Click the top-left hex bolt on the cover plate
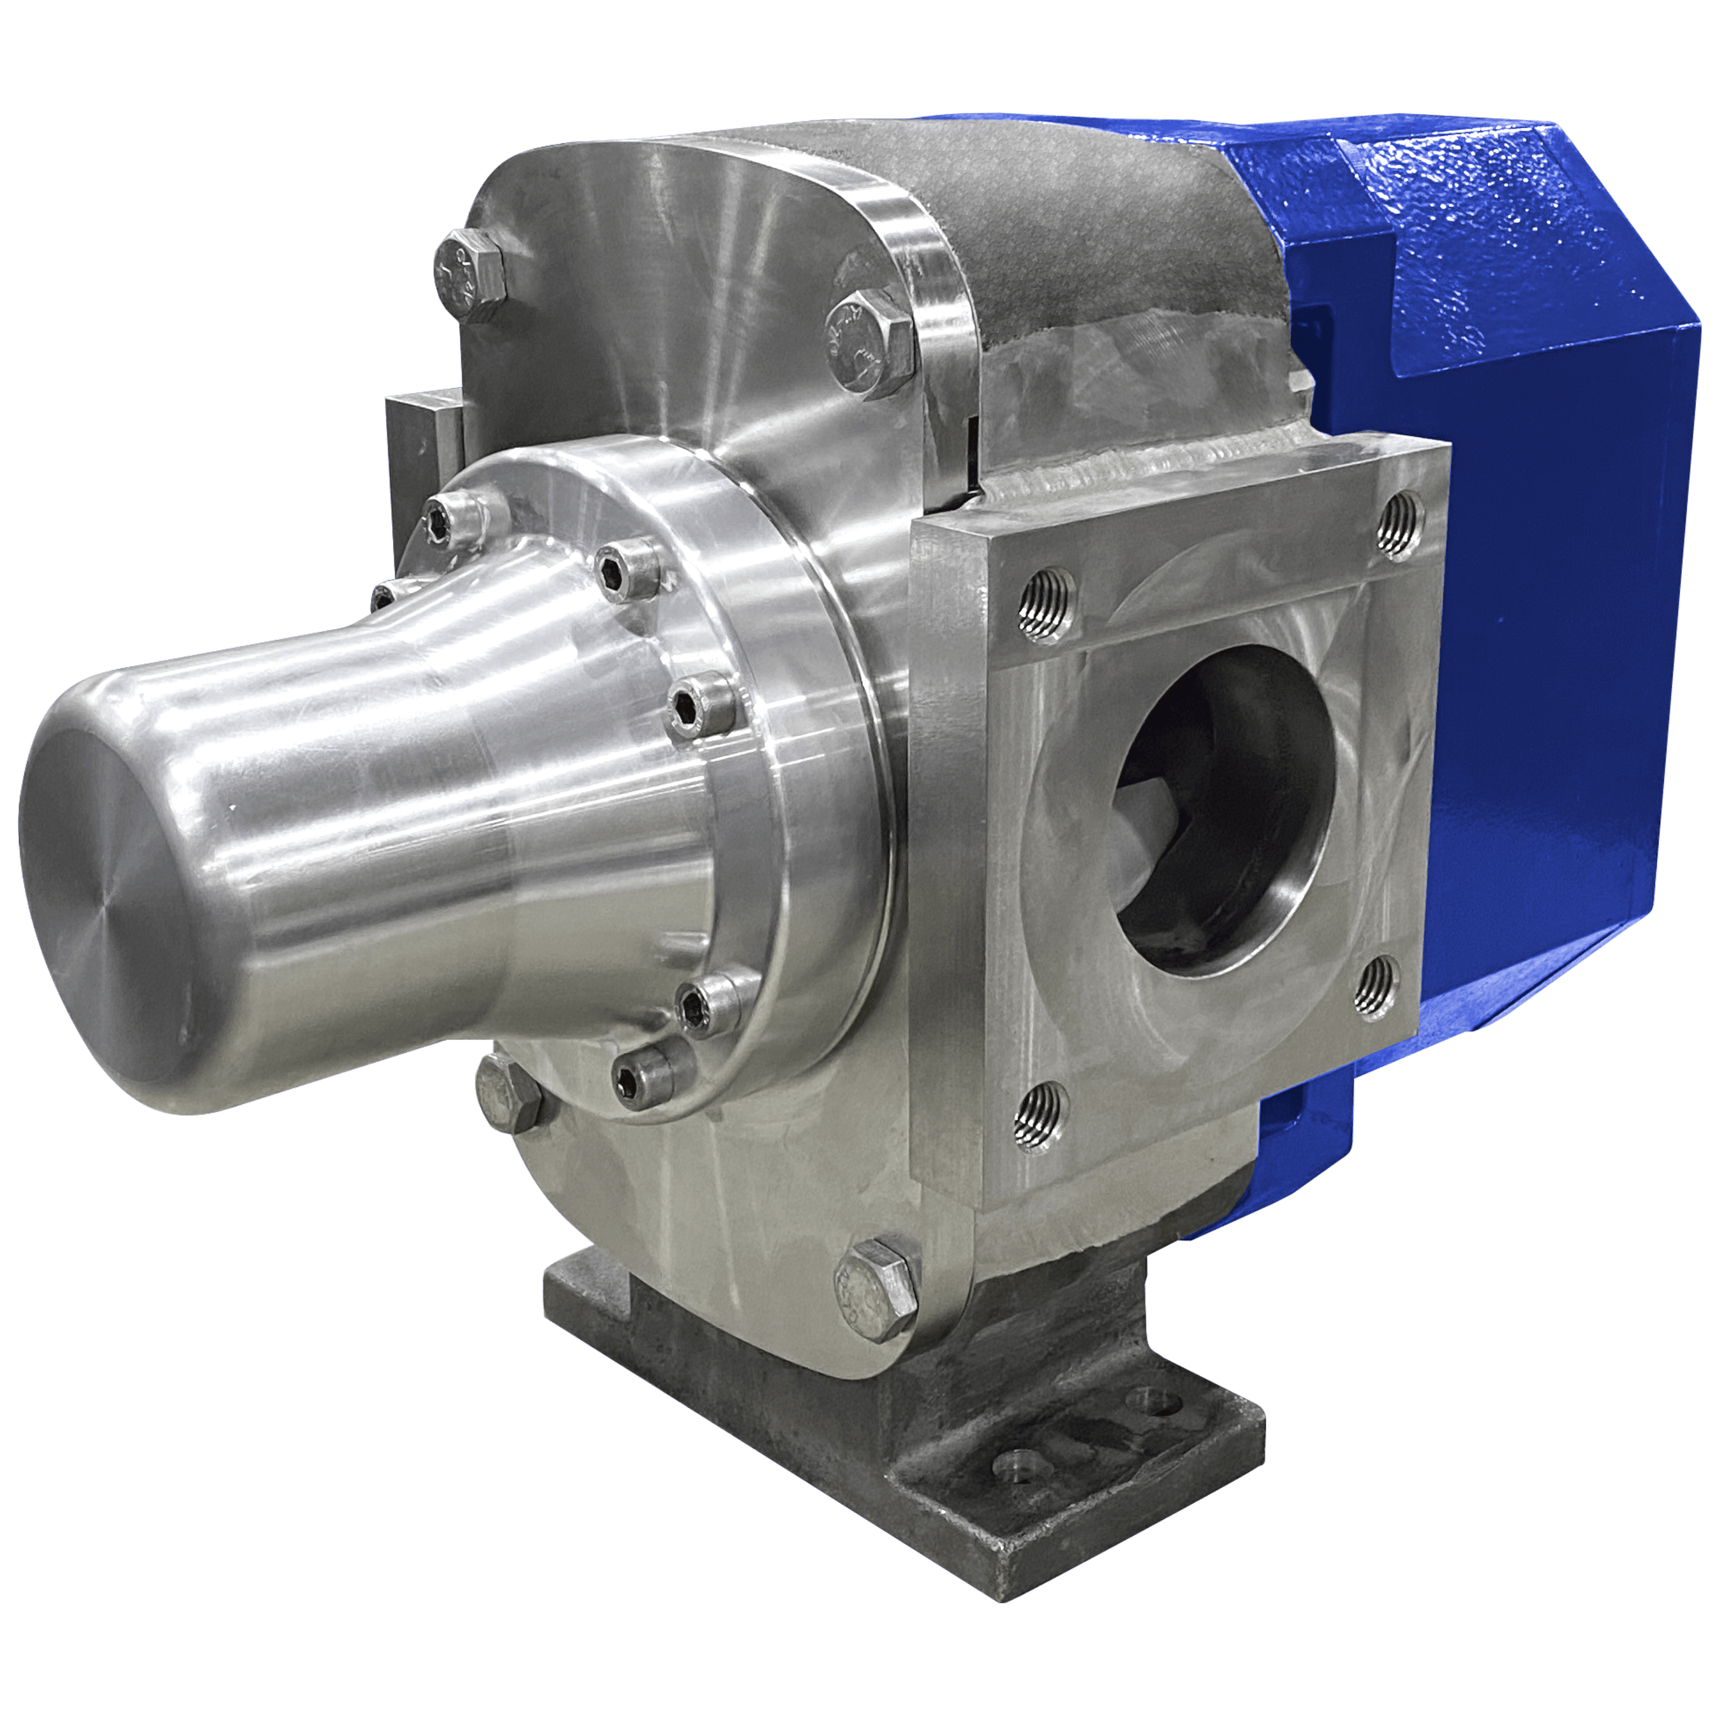tap(468, 275)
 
